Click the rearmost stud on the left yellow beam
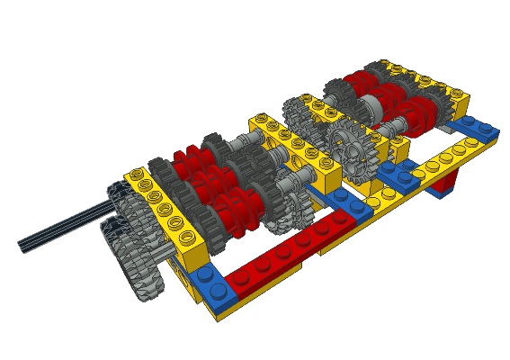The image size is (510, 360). [x=136, y=174]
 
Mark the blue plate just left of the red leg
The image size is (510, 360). [x=396, y=172]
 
